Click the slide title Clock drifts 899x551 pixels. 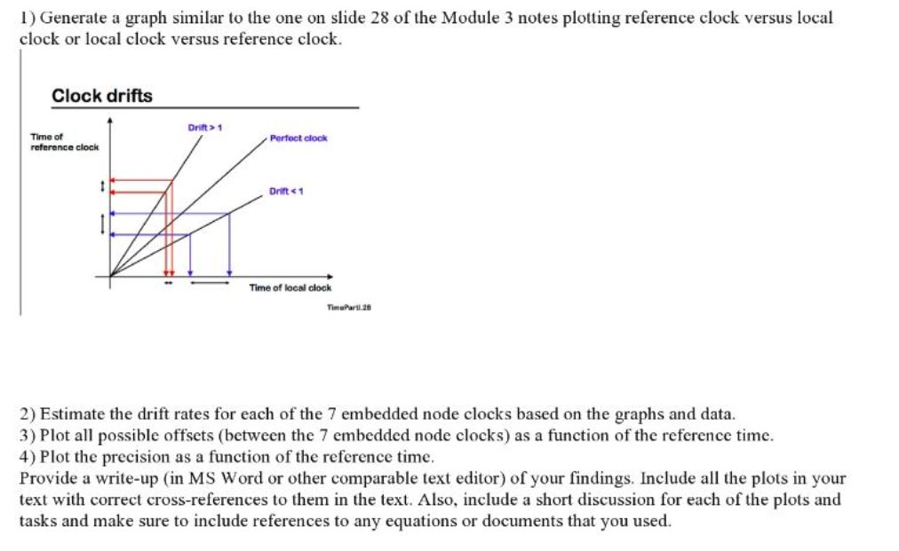coord(102,96)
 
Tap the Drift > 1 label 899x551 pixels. coord(204,128)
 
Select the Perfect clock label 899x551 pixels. coord(298,138)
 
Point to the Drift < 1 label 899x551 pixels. coord(286,191)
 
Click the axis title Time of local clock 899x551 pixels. coord(290,287)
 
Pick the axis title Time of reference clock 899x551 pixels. coord(64,142)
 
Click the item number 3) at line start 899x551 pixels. coord(28,436)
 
